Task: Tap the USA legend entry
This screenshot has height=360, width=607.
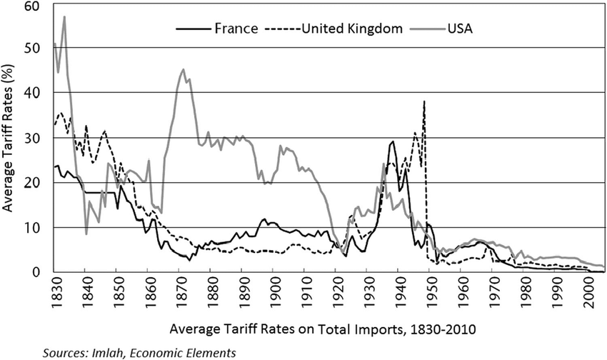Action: (x=461, y=29)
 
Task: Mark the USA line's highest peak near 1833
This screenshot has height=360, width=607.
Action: (x=64, y=16)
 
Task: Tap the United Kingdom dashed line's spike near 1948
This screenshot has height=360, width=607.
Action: (x=425, y=101)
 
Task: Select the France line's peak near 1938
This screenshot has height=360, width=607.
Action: (x=393, y=141)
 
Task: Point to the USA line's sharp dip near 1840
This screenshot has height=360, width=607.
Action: (x=86, y=234)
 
